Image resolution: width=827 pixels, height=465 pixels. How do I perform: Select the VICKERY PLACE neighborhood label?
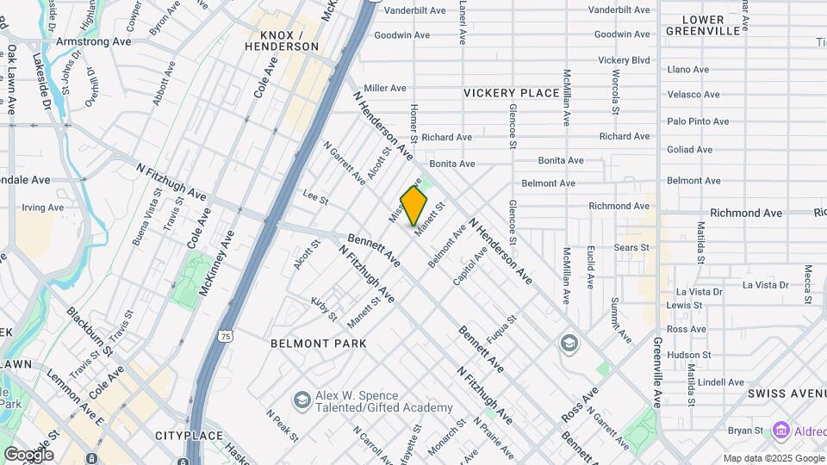511,93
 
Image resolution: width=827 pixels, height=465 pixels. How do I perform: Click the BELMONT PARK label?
318,344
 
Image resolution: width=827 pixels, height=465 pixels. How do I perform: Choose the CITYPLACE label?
190,436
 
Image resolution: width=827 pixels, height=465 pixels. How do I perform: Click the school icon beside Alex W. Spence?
302,400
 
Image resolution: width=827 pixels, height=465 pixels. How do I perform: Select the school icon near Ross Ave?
569,344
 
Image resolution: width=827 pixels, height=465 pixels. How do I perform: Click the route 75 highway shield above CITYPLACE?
225,335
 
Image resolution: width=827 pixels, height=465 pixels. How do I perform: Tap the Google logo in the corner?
28,455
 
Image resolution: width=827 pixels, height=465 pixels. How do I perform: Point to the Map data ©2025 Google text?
774,458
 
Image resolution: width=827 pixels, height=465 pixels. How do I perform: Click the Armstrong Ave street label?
93,41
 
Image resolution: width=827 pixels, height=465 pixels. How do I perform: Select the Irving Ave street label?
43,208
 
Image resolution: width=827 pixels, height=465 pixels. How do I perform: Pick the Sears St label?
631,248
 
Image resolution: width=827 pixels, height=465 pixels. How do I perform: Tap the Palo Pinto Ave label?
698,121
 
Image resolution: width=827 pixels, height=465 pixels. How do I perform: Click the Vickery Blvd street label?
624,60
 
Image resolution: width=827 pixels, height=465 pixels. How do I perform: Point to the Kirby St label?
325,308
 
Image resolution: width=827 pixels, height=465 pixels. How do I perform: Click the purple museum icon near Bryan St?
781,429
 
